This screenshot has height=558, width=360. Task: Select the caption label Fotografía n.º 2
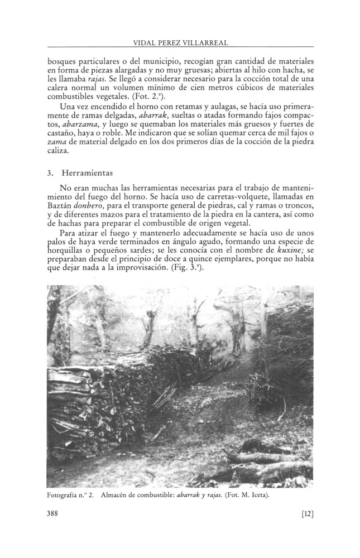pyautogui.click(x=70, y=495)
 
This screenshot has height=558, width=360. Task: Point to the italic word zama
pyautogui.click(x=57, y=142)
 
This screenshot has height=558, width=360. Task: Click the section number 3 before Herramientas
pyautogui.click(x=50, y=174)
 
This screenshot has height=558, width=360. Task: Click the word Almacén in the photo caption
pyautogui.click(x=117, y=495)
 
